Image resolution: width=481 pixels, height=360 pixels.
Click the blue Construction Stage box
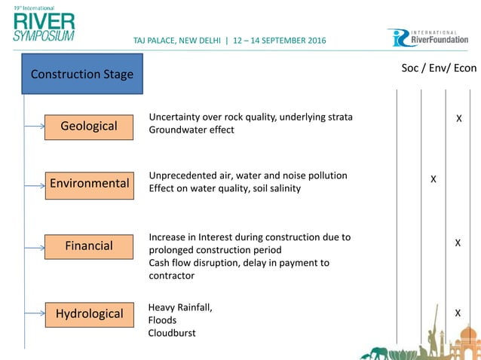click(x=82, y=74)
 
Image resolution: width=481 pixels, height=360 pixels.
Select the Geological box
click(x=89, y=126)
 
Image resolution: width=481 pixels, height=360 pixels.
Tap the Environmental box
click(x=89, y=183)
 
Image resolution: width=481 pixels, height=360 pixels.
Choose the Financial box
click(x=89, y=246)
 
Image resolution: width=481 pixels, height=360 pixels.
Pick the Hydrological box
click(x=89, y=313)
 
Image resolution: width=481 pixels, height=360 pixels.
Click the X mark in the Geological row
click(x=458, y=119)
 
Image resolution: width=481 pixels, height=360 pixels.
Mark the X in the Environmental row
click(x=434, y=179)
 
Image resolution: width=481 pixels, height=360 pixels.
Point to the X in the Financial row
click(x=458, y=243)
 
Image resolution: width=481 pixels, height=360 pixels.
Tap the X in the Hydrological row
click(x=458, y=312)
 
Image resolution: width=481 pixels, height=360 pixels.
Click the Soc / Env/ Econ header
click(x=439, y=69)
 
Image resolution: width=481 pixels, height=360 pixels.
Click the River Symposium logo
click(x=44, y=24)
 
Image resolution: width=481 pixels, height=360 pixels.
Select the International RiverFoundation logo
click(x=428, y=38)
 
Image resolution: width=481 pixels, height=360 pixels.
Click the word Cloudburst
click(x=172, y=333)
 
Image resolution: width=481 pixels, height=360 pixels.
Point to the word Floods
click(x=163, y=320)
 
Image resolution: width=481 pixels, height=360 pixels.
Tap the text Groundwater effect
click(x=191, y=130)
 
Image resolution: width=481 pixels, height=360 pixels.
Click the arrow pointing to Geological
click(x=35, y=127)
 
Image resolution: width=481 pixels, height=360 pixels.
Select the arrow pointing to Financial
click(x=35, y=246)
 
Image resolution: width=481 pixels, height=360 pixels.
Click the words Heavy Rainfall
click(x=180, y=307)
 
